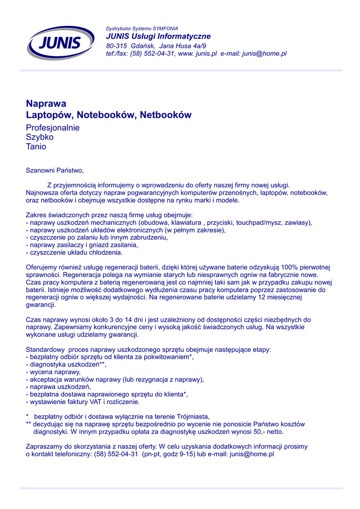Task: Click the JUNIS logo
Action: pos(61,43)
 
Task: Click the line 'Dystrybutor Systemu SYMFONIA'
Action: pos(142,28)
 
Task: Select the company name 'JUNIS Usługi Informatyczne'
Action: pos(158,36)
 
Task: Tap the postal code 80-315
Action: pos(117,46)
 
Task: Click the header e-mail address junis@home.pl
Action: pos(264,54)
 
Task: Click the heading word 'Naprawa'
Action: pos(46,103)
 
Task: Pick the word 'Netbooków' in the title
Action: pos(166,115)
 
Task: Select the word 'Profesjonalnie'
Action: pos(53,128)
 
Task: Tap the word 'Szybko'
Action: pos(40,137)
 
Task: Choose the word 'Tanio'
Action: pos(36,147)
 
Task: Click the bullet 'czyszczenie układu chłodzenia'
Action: pos(79,253)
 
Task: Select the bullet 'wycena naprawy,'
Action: pos(55,372)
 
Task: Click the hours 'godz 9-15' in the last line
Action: pos(178,454)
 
